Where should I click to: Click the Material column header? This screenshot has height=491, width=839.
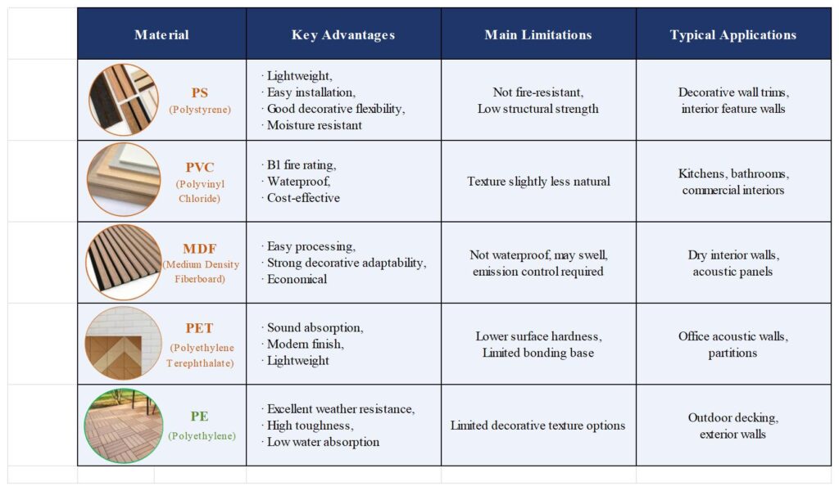(x=161, y=34)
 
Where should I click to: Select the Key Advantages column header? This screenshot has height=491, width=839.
(x=343, y=34)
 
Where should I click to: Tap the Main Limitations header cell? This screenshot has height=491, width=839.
(x=538, y=34)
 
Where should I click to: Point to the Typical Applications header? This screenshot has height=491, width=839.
(x=733, y=34)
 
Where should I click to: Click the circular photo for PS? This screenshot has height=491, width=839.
(x=123, y=99)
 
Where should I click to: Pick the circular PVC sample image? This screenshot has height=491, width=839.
(x=123, y=180)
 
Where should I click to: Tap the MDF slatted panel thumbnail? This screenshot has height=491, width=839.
(x=123, y=262)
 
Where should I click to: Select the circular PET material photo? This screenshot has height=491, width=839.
(x=123, y=344)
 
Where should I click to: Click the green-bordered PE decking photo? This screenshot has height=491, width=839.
(x=123, y=426)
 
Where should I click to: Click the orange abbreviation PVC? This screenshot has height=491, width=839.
(x=200, y=167)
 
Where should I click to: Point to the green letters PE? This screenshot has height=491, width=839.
(x=200, y=417)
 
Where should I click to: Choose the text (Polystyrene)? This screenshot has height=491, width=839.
(x=200, y=109)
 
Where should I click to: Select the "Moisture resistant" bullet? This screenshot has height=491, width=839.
(x=315, y=125)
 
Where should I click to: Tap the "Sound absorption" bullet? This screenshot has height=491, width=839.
(x=315, y=327)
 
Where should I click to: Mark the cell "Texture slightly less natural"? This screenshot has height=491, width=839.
(x=538, y=181)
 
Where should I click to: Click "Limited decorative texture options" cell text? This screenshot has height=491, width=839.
(x=538, y=426)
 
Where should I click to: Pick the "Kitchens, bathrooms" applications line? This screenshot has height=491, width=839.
(x=732, y=173)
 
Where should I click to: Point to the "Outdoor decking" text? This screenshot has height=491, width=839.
(x=732, y=417)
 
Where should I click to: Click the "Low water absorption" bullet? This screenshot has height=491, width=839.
(x=323, y=442)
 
